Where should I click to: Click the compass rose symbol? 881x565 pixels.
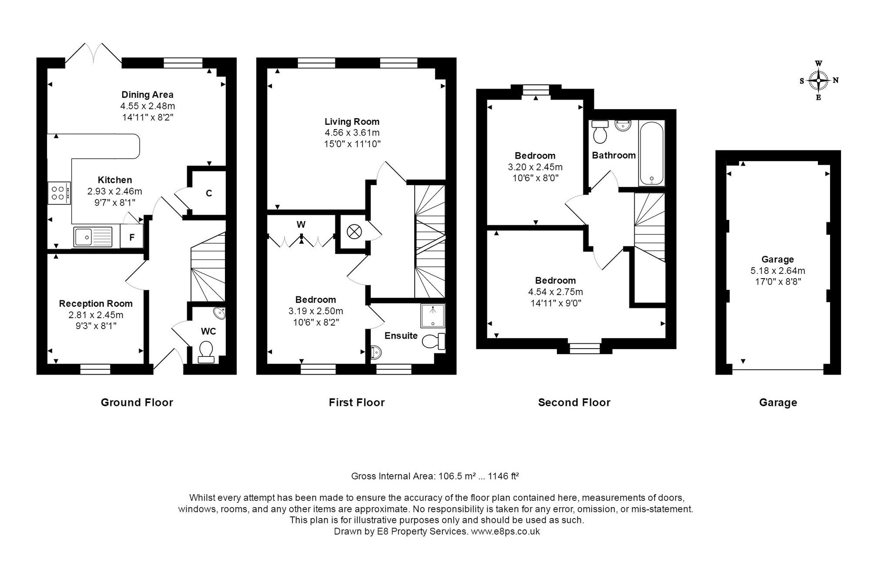[x=818, y=80]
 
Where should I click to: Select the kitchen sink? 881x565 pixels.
[x=93, y=237]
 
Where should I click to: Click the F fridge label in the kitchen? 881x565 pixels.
[x=132, y=238]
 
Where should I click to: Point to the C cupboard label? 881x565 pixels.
[x=209, y=193]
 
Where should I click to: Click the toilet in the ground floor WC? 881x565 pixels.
[x=206, y=352]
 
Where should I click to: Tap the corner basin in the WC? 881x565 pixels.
[x=219, y=313]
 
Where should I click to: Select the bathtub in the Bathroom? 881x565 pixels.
[x=651, y=154]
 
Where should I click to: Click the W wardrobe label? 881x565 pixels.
[x=301, y=225]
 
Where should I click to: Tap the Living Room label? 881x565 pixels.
[x=352, y=122]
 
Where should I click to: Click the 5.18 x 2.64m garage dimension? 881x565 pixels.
[x=778, y=271]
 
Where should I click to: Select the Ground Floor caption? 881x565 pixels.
[x=137, y=402]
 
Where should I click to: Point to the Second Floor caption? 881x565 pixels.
[x=574, y=402]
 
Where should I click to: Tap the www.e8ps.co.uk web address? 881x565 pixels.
[x=506, y=531]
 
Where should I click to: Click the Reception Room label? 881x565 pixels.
[x=96, y=304]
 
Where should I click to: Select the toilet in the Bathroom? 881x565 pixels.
[x=600, y=132]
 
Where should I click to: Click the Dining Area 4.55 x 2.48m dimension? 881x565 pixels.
[x=148, y=106]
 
